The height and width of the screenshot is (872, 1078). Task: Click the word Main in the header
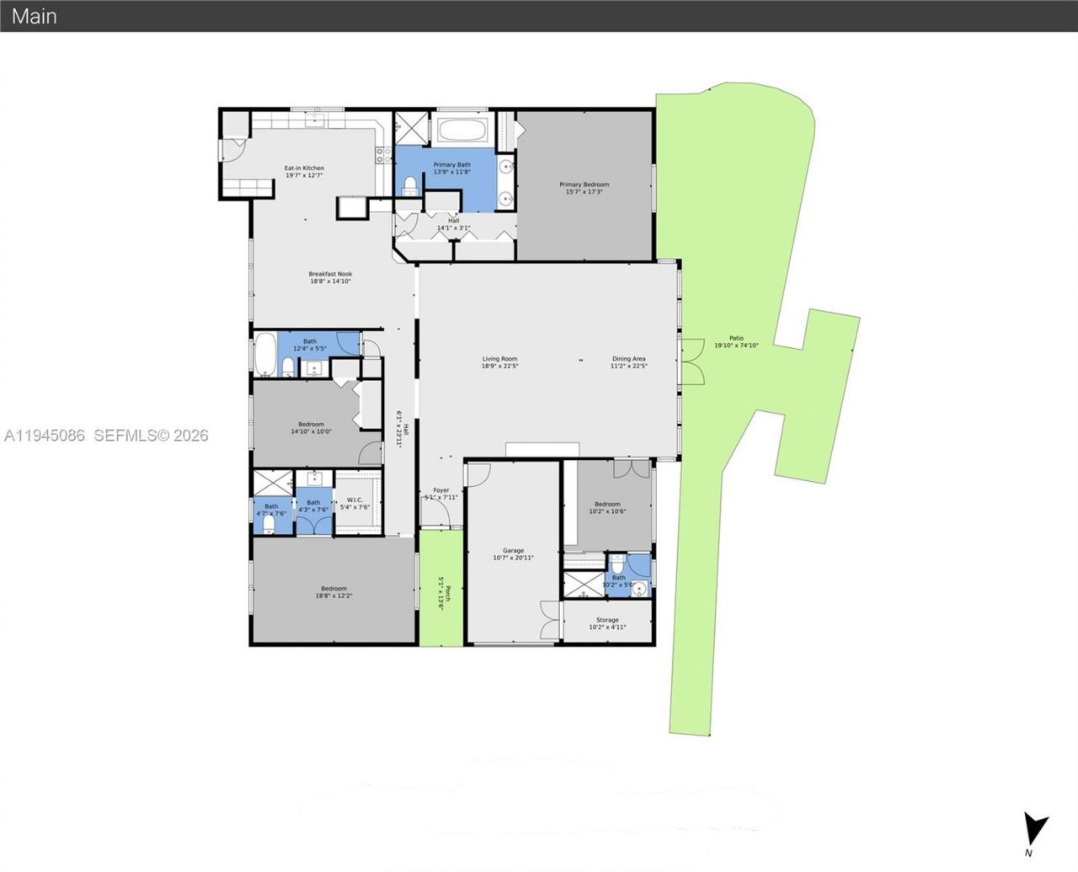point(35,15)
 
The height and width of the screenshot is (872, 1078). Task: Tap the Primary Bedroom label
point(584,188)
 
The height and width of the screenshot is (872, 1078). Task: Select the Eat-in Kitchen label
point(304,171)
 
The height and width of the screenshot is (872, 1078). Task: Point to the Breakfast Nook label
point(330,277)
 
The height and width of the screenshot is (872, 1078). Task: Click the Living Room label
point(499,362)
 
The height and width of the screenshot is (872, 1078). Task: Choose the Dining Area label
point(628,362)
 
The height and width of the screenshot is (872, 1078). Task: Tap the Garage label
point(513,554)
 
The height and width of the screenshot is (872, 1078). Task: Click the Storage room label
point(607,623)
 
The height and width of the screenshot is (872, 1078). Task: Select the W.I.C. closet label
point(354,503)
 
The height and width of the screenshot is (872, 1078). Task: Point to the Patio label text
point(729,341)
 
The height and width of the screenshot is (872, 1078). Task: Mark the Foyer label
point(441,493)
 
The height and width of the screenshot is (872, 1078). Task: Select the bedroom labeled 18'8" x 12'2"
point(334,591)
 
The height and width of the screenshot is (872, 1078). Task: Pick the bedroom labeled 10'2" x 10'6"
point(607,507)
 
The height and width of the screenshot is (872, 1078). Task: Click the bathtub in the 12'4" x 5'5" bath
point(264,355)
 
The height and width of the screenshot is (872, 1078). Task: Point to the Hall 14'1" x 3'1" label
point(453,224)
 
